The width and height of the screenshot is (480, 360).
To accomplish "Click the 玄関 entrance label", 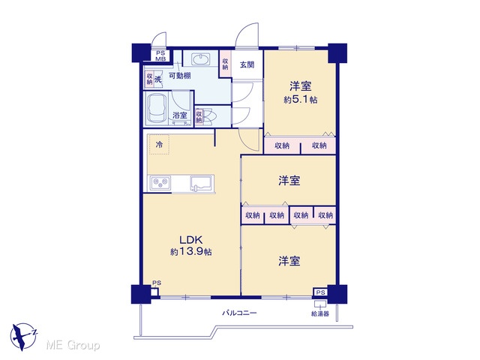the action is point(247,65).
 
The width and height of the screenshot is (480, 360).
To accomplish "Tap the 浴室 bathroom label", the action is point(180,115).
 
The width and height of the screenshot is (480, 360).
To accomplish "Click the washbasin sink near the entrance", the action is point(201,59).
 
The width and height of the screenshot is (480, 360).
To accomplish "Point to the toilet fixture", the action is point(210,115).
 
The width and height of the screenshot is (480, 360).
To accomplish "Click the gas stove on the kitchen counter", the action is point(160,183).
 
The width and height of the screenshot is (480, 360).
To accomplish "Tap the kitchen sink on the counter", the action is point(202,183).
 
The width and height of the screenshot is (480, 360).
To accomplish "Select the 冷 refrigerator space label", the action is point(159,144).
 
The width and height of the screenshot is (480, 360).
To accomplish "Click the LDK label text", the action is point(190,240).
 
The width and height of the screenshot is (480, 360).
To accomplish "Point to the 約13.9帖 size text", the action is point(191,252).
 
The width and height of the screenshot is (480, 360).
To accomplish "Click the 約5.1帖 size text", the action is point(300,100).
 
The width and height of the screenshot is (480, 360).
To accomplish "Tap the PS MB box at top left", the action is point(160,55).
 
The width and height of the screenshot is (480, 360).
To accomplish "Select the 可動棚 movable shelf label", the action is point(180,75).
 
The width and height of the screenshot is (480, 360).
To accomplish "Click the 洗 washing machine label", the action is point(157,79).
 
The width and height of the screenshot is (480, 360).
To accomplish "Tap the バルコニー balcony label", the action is point(239,313).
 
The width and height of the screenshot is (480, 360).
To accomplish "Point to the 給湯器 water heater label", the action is point(320,313).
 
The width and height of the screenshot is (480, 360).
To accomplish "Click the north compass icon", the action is point(23,337).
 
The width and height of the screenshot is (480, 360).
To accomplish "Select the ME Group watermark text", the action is point(73,345).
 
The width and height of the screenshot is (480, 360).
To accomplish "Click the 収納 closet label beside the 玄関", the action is point(225,64).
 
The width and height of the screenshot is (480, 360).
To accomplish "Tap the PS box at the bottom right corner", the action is point(320,292).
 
